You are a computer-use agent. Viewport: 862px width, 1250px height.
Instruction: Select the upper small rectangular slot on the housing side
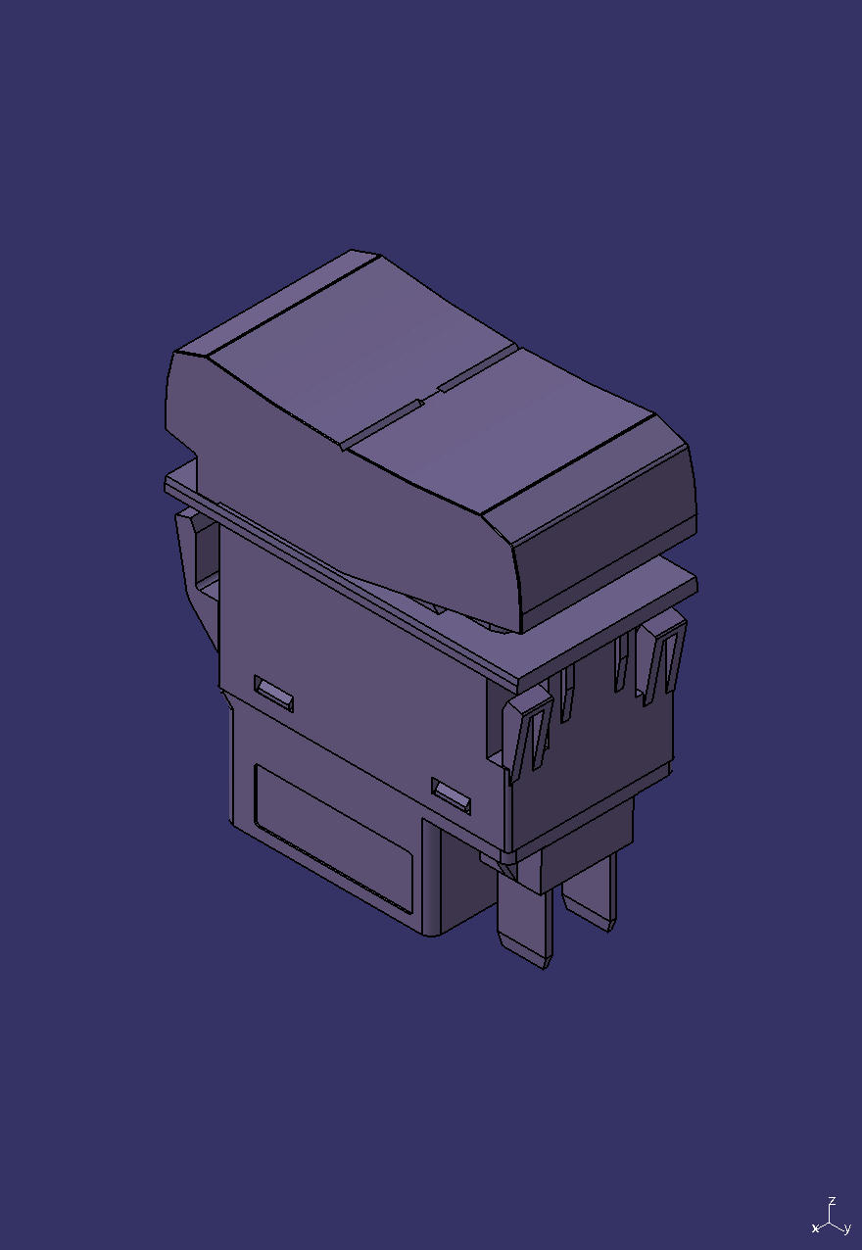click(x=273, y=693)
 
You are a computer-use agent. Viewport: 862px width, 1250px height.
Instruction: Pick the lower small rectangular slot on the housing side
click(x=451, y=795)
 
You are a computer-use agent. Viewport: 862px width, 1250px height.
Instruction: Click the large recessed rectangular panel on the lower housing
click(x=333, y=839)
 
